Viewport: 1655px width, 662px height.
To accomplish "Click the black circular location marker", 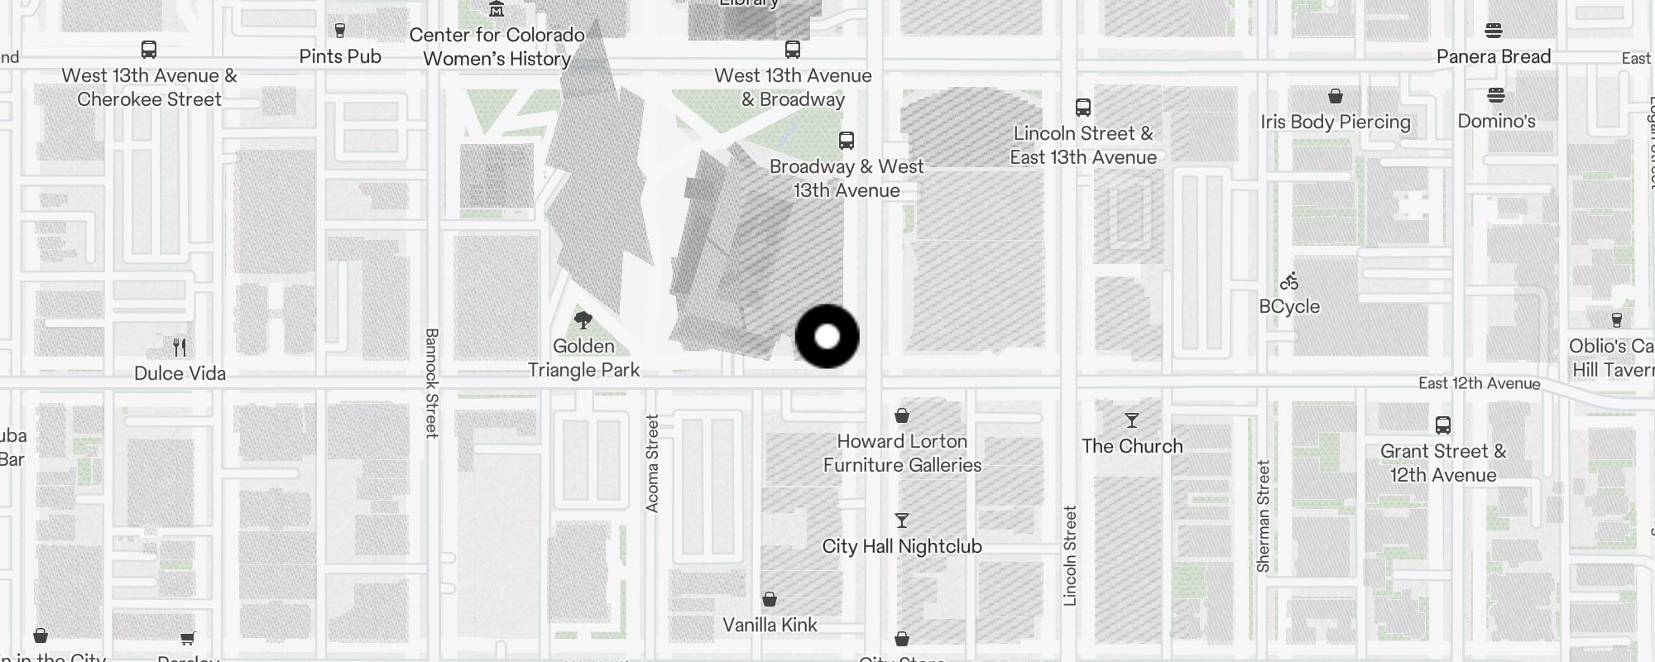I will [827, 336].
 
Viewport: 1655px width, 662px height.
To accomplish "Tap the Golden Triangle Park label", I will [584, 358].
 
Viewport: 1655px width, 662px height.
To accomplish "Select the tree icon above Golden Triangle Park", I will [583, 319].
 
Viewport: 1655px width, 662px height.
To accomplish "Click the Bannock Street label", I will [431, 382].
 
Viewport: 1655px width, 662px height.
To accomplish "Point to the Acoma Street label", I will [652, 463].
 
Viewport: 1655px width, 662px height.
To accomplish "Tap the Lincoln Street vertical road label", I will [1070, 556].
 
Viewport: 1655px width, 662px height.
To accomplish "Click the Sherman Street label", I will [1263, 516].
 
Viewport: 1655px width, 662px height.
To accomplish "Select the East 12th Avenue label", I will [1479, 383].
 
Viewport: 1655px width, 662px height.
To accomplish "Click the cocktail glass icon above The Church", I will [1131, 420].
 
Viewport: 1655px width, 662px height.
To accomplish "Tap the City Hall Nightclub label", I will [902, 546].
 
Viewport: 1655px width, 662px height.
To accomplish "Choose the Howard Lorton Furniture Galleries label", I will [902, 453].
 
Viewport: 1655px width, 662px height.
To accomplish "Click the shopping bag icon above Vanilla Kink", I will [770, 599].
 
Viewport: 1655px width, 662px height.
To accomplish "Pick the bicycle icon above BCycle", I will [1289, 281].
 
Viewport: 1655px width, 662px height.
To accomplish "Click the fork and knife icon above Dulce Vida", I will [180, 347].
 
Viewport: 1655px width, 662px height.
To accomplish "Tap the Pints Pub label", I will [340, 56].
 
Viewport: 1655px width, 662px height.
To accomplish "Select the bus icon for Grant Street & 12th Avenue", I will [1442, 425].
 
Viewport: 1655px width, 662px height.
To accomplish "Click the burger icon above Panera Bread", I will [1494, 31].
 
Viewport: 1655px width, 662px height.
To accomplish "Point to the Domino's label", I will [1496, 121].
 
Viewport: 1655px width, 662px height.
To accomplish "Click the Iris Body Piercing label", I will [1336, 122].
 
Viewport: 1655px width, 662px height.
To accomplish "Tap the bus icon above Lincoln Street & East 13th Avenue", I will [1082, 108].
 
